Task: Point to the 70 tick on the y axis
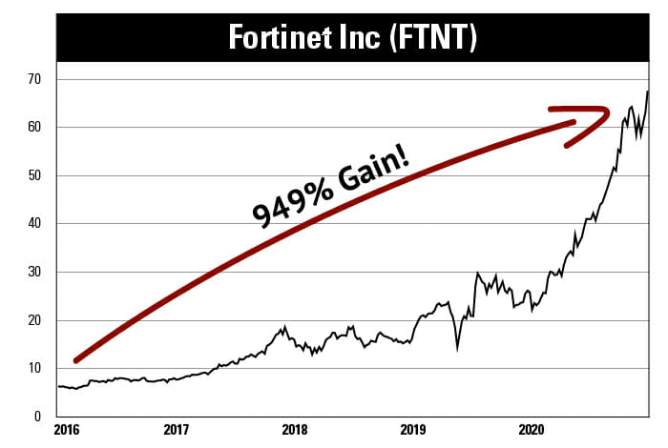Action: click(x=35, y=79)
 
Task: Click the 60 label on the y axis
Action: click(x=35, y=127)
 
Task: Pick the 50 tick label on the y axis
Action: click(x=35, y=175)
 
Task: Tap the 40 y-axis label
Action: click(x=35, y=224)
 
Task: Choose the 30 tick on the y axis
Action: click(x=35, y=272)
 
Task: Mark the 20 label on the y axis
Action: click(x=35, y=320)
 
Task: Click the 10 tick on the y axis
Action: click(x=35, y=368)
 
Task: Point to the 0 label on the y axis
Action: click(x=39, y=417)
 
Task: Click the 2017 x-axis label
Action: click(x=175, y=431)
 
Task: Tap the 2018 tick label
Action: click(x=293, y=431)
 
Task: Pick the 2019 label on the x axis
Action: click(x=411, y=431)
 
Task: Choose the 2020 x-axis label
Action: click(x=530, y=431)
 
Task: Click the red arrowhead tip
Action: click(x=608, y=112)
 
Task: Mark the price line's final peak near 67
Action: click(x=648, y=92)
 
